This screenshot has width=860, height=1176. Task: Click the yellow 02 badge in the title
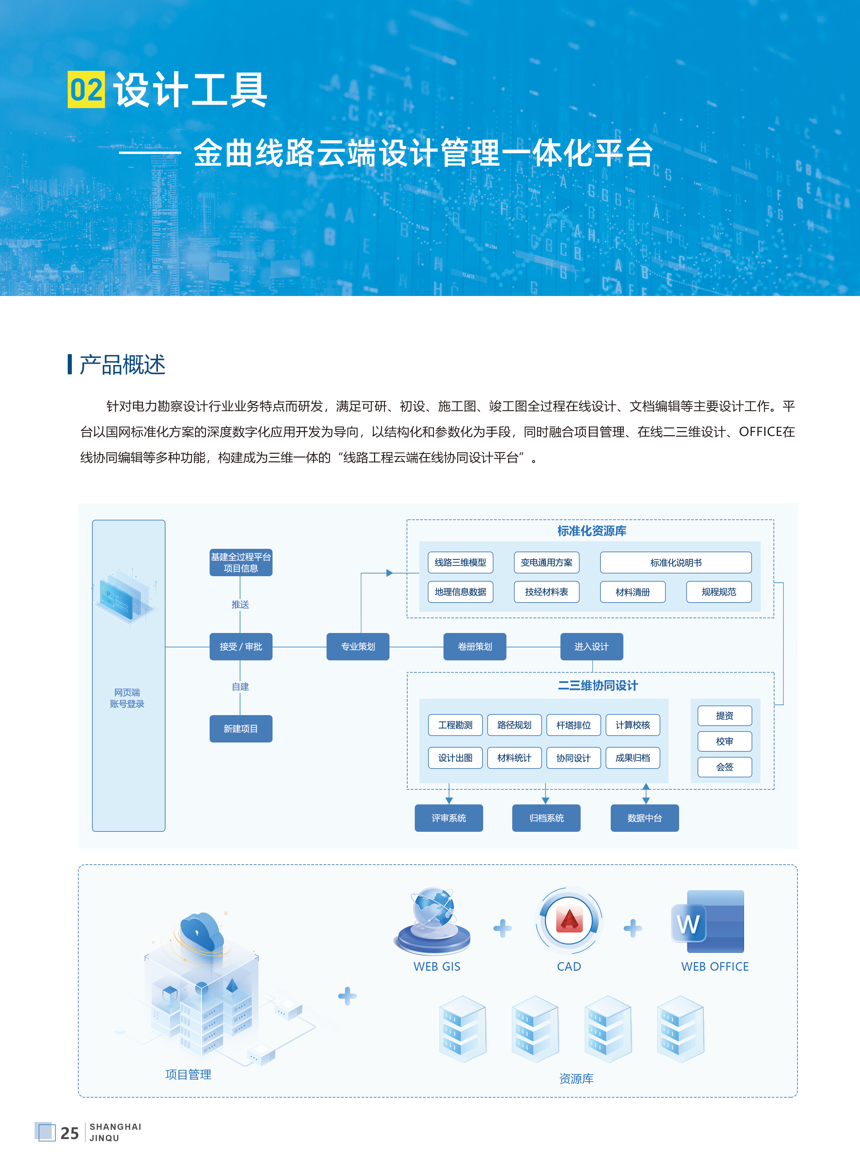[86, 90]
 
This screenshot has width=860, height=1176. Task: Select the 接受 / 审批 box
[240, 646]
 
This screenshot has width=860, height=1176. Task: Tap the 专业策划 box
[358, 646]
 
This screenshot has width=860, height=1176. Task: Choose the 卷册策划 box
[474, 646]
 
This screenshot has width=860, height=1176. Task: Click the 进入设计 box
[591, 646]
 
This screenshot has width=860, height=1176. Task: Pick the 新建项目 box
[240, 728]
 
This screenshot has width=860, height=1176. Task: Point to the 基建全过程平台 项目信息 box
[240, 563]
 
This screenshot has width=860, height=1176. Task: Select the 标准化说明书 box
[675, 563]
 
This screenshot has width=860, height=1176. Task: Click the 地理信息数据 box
[460, 592]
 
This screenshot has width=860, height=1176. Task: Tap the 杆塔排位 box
[573, 725]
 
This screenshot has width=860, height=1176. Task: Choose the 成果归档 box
[633, 758]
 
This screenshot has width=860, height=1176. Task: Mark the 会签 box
[724, 767]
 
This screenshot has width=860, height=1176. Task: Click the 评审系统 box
[448, 818]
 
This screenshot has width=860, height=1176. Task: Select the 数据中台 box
[645, 818]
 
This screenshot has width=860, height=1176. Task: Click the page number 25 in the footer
[69, 1133]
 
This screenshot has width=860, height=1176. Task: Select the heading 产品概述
[122, 365]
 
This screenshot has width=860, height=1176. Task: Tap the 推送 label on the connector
[240, 604]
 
